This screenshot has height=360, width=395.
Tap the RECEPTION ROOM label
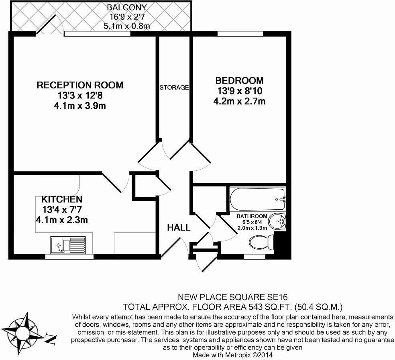[80, 85]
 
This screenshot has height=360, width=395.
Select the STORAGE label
[174, 87]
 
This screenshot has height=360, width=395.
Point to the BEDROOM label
[239, 81]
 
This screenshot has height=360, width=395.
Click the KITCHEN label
[62, 199]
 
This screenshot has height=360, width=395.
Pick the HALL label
[179, 228]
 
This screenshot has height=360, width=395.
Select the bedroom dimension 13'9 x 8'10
[239, 91]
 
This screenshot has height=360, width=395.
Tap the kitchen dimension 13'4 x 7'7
[62, 209]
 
